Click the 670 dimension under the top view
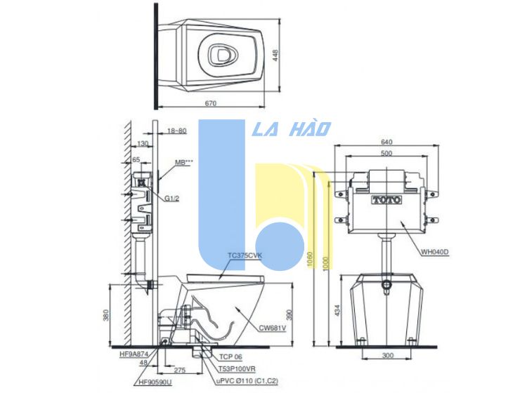(212, 103)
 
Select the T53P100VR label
(236, 368)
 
